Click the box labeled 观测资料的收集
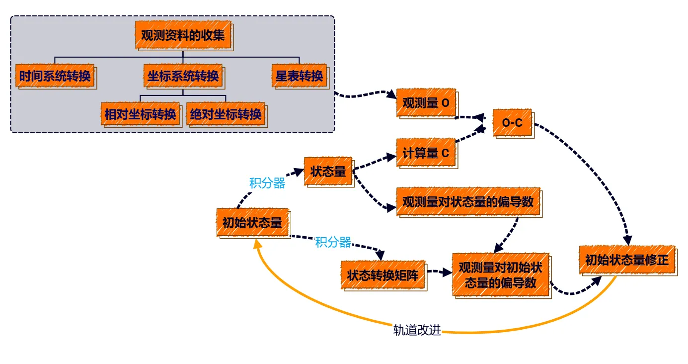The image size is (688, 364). tap(183, 35)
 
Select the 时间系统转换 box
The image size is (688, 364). tap(55, 76)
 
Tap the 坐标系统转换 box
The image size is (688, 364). tap(183, 76)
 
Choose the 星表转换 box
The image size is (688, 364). tap(300, 76)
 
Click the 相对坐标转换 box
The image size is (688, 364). tap(140, 114)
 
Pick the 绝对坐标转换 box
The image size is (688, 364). tap(226, 114)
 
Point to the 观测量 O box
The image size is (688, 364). tap(426, 103)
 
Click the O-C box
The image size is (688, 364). tap(512, 122)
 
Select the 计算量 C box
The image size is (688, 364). tap(426, 153)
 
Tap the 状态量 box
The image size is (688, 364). tap(328, 172)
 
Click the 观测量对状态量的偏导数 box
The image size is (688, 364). tap(467, 201)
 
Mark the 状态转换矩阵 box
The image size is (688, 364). tap(382, 275)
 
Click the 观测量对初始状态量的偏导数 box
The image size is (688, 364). tap(501, 274)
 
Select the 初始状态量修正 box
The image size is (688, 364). tap(627, 260)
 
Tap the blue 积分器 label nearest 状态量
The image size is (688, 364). tap(267, 183)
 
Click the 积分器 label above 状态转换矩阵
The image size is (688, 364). tap(333, 242)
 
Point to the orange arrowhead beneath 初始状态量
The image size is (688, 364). tap(257, 242)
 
